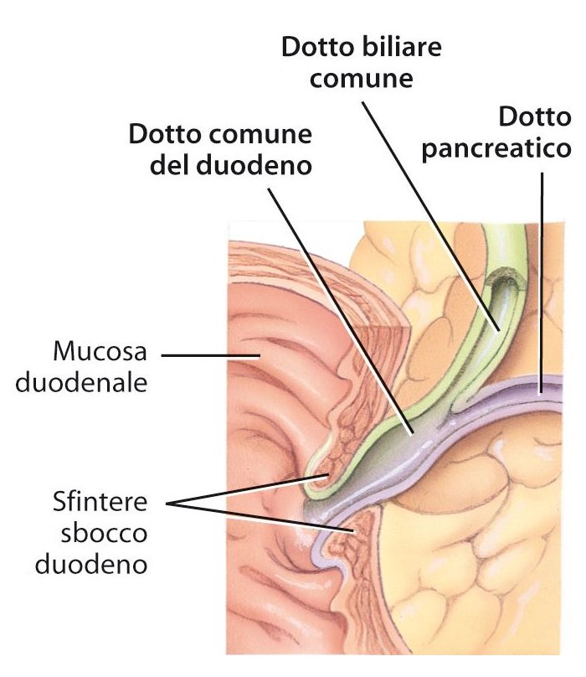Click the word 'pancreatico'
click(x=497, y=150)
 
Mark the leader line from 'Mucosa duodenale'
click(x=209, y=354)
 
